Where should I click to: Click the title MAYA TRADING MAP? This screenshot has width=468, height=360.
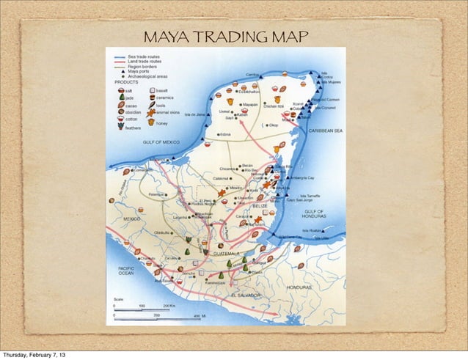pyautogui.click(x=226, y=37)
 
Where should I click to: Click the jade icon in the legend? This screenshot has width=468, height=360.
pyautogui.click(x=118, y=98)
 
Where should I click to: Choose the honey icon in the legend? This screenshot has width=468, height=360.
pyautogui.click(x=152, y=122)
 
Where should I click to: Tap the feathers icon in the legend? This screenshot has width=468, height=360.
pyautogui.click(x=119, y=127)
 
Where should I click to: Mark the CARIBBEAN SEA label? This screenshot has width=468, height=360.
pyautogui.click(x=325, y=130)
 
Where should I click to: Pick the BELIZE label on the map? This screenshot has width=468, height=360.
pyautogui.click(x=260, y=206)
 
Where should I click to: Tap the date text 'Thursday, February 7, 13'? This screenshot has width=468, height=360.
pyautogui.click(x=33, y=353)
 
